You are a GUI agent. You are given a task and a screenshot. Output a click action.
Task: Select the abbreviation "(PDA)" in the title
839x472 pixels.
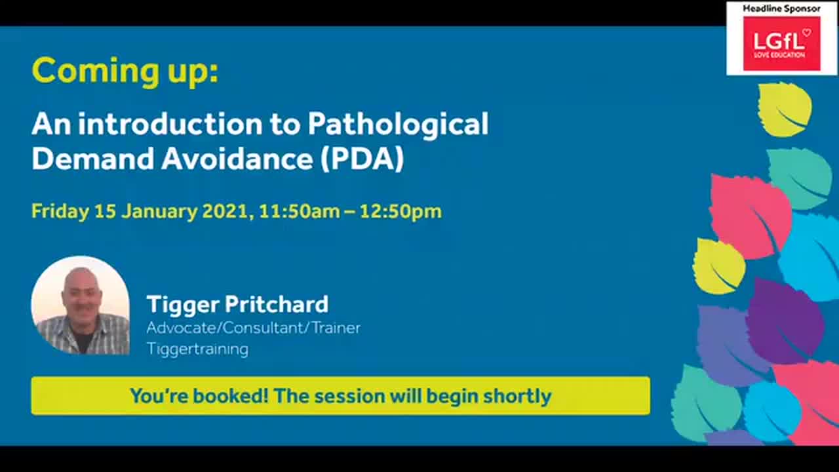pyautogui.click(x=362, y=159)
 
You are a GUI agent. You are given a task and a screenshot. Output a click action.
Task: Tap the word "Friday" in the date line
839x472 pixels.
pyautogui.click(x=60, y=211)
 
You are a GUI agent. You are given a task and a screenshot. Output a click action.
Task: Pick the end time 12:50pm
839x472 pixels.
pyautogui.click(x=400, y=211)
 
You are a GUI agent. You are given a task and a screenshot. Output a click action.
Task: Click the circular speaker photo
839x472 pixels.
pyautogui.click(x=81, y=305)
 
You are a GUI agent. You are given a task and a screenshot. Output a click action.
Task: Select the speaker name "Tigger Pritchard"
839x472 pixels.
pyautogui.click(x=237, y=304)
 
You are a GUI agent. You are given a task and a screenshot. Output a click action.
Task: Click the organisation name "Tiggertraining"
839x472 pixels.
pyautogui.click(x=197, y=349)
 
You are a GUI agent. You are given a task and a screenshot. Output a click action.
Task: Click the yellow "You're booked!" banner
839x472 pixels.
pyautogui.click(x=340, y=395)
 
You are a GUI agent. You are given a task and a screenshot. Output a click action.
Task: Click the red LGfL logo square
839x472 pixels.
pyautogui.click(x=781, y=43)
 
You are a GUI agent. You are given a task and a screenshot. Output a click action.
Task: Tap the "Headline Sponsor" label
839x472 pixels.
pyautogui.click(x=781, y=9)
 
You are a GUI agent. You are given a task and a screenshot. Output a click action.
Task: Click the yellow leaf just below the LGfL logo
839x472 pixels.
pyautogui.click(x=785, y=109)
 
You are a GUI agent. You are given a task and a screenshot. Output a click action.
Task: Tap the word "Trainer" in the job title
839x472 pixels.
pyautogui.click(x=336, y=327)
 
